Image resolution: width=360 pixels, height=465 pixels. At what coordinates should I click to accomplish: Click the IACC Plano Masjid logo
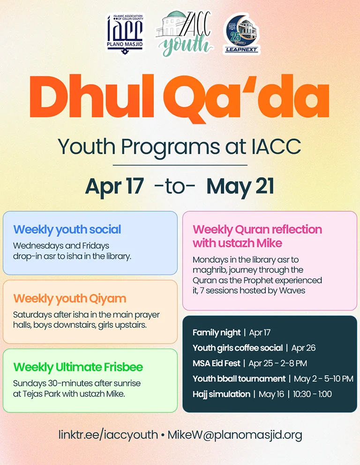click(x=125, y=32)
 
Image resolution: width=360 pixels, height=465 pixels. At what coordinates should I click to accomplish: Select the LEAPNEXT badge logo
click(x=241, y=33)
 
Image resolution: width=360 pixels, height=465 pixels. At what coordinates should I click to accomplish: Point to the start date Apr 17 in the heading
click(x=114, y=186)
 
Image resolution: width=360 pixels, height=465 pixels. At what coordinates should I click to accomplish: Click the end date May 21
click(x=240, y=186)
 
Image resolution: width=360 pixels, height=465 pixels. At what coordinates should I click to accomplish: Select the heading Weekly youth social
click(x=67, y=229)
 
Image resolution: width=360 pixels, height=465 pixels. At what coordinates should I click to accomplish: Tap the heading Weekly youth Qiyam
click(x=70, y=298)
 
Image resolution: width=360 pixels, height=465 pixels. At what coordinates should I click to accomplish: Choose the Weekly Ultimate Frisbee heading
click(x=78, y=367)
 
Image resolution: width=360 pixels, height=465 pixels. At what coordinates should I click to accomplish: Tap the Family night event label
click(x=216, y=333)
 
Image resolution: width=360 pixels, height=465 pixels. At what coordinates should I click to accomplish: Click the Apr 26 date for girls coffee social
click(x=303, y=348)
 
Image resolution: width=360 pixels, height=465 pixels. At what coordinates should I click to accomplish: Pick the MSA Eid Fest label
click(x=216, y=363)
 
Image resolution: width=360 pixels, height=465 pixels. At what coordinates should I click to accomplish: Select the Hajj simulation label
click(x=221, y=394)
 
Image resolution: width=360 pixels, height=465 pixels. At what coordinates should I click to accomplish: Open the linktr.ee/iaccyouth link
click(x=108, y=435)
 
